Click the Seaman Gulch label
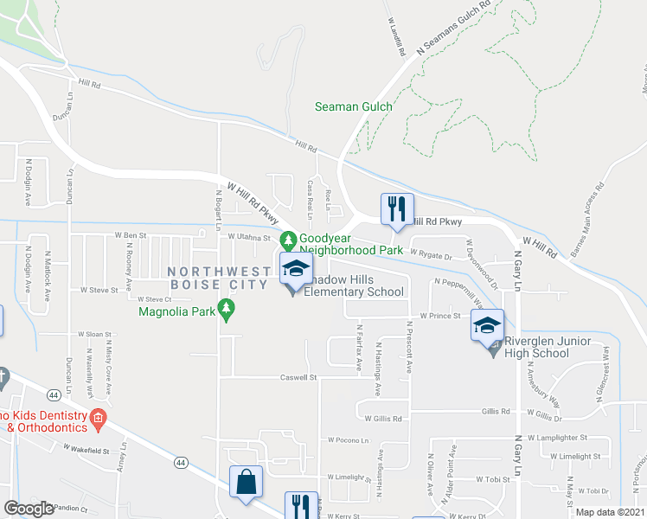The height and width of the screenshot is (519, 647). click(x=353, y=106)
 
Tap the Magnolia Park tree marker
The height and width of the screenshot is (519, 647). click(x=227, y=308)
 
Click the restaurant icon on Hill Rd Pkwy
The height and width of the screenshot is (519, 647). click(x=398, y=208)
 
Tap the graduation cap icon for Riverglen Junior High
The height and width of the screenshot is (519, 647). click(x=487, y=326)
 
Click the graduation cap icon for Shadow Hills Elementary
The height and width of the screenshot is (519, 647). click(x=295, y=268)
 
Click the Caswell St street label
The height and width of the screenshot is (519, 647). click(x=299, y=377)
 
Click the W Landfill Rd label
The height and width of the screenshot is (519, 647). click(x=397, y=36)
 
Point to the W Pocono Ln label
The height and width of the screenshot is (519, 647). click(x=349, y=439)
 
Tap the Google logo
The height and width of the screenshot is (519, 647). click(x=29, y=509)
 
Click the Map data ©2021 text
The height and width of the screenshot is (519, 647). click(x=610, y=512)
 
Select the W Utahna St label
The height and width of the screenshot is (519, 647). click(x=249, y=236)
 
